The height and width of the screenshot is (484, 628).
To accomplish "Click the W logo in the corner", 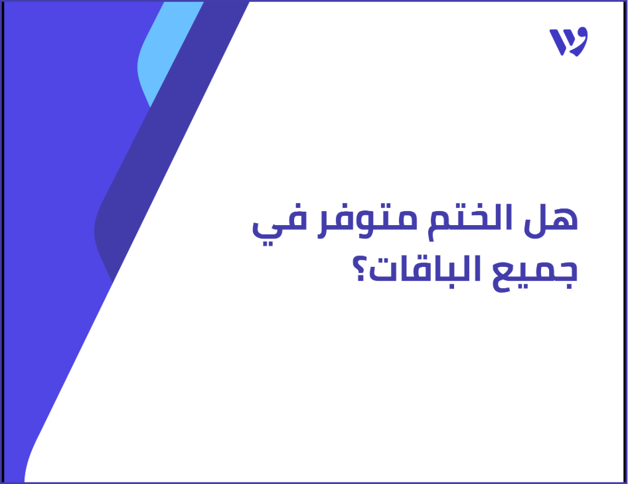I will point(568,42).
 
